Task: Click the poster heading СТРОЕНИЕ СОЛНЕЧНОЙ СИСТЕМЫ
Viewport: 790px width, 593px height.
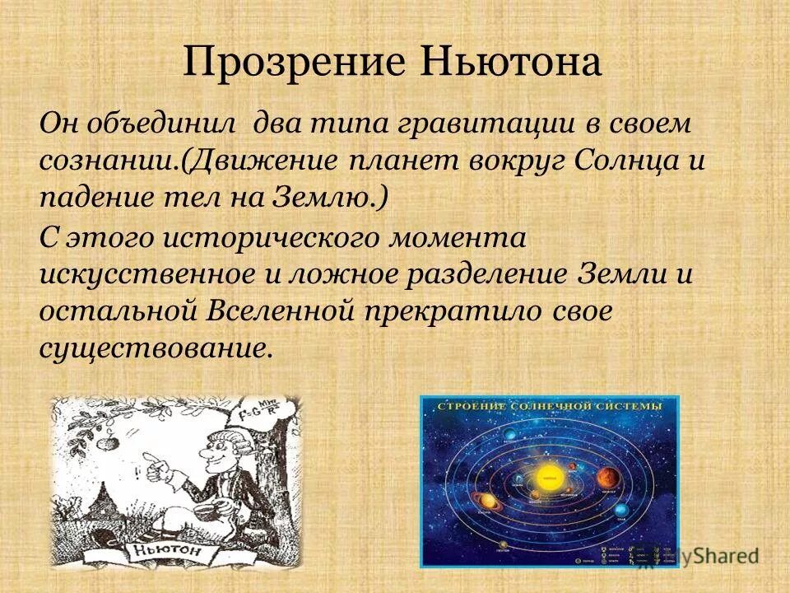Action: [550, 408]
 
